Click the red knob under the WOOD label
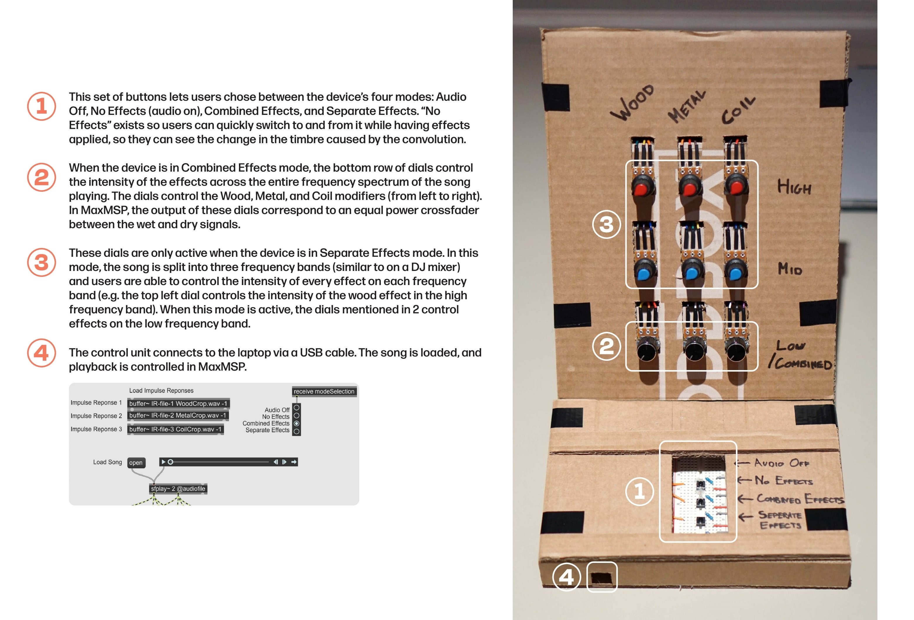pos(643,189)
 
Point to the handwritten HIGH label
pos(794,187)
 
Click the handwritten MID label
pos(790,269)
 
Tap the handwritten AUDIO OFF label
pos(781,463)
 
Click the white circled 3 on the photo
pos(606,224)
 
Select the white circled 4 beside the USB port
pos(566,577)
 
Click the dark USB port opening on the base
pos(602,577)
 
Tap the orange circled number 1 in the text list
pos(41,106)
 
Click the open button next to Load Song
pos(136,463)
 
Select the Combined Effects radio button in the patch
pos(297,424)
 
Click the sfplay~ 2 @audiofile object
pos(178,489)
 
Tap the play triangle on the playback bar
pos(163,462)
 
